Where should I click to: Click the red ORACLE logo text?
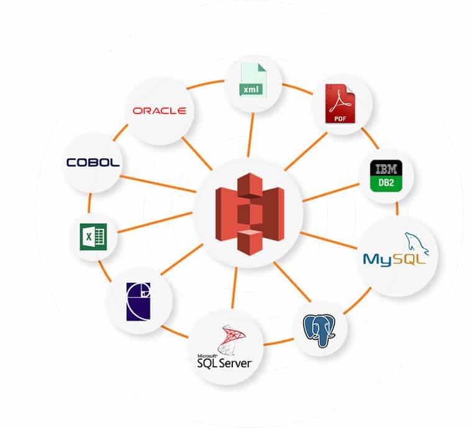160,110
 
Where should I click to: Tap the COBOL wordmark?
93,163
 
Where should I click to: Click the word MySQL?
394,257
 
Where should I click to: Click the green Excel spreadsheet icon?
93,236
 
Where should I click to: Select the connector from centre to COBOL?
158,184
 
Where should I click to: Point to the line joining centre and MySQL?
329,240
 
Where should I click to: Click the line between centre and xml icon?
250,133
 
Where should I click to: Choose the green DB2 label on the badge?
386,184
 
